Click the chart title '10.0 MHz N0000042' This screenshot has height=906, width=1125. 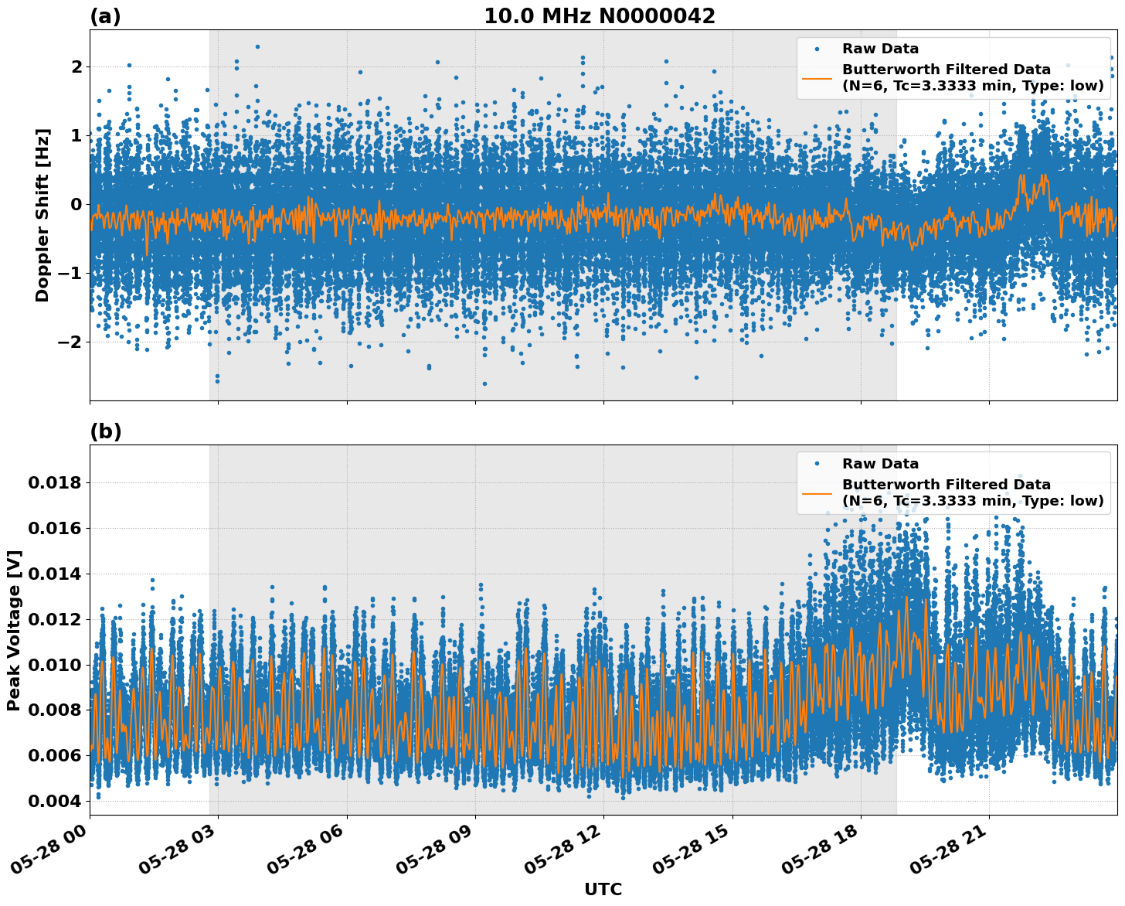tap(600, 16)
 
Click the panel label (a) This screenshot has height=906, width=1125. tap(105, 16)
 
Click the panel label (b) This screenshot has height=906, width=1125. tap(106, 431)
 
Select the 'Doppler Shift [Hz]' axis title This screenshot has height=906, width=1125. tap(42, 215)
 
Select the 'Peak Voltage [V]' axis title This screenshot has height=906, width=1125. tap(14, 630)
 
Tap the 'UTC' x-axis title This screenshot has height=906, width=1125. tap(603, 889)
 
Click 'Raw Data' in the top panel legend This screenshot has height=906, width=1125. tap(880, 49)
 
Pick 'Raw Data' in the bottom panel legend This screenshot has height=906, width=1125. tap(880, 464)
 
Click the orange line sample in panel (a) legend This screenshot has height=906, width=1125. tap(817, 77)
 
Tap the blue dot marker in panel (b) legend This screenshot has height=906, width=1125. tap(817, 464)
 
